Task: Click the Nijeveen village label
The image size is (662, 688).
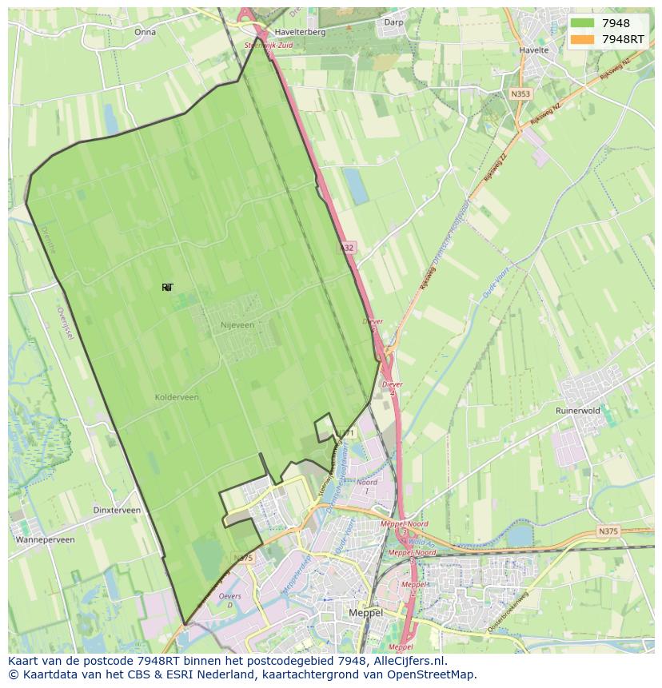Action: click(237, 325)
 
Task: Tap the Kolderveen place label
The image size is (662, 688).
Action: click(177, 397)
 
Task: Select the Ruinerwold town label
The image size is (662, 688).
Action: click(577, 411)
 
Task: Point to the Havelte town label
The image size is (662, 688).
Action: click(534, 50)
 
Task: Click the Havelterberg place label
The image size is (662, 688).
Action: click(300, 33)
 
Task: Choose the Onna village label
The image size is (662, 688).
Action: click(145, 33)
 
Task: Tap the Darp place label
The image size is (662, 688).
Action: click(393, 22)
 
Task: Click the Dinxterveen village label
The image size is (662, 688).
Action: click(117, 510)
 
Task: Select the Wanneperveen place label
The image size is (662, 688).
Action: click(45, 539)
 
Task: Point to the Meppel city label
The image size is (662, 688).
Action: click(367, 612)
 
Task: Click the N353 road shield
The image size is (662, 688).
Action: click(520, 93)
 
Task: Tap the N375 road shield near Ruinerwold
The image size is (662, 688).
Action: click(608, 531)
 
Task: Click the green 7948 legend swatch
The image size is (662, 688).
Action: click(582, 23)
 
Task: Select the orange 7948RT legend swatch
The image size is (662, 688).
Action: click(582, 38)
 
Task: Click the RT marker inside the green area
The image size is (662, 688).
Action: click(167, 288)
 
